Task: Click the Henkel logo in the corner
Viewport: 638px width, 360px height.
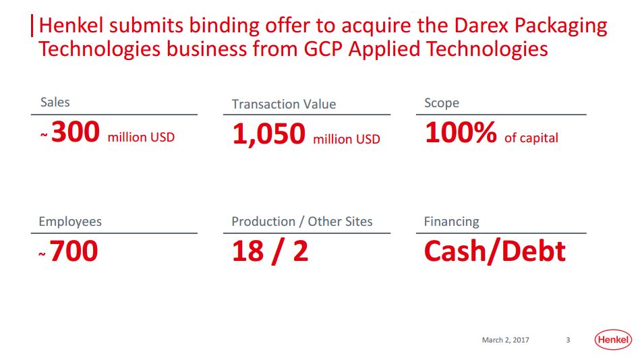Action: [613, 339]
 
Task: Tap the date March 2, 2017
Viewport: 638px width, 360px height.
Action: [505, 340]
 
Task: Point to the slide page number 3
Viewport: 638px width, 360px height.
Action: [568, 340]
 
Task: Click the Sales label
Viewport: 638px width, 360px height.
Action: [55, 102]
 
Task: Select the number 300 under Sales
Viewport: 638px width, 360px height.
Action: [76, 131]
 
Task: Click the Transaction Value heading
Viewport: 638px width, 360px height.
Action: [284, 104]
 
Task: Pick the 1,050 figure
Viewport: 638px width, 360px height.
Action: [268, 134]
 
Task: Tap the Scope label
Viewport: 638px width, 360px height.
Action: [442, 103]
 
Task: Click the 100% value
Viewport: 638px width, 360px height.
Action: [461, 133]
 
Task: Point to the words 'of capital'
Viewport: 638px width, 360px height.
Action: [531, 138]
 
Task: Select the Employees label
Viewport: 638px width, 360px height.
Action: [70, 222]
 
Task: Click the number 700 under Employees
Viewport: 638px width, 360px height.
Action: [74, 251]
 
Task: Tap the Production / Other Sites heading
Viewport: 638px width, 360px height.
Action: [302, 222]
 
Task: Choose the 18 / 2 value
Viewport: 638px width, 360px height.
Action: [270, 251]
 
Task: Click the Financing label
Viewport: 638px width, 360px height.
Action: [451, 222]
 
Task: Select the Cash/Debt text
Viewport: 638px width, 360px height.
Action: [495, 251]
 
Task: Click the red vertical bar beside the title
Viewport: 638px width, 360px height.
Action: [32, 26]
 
